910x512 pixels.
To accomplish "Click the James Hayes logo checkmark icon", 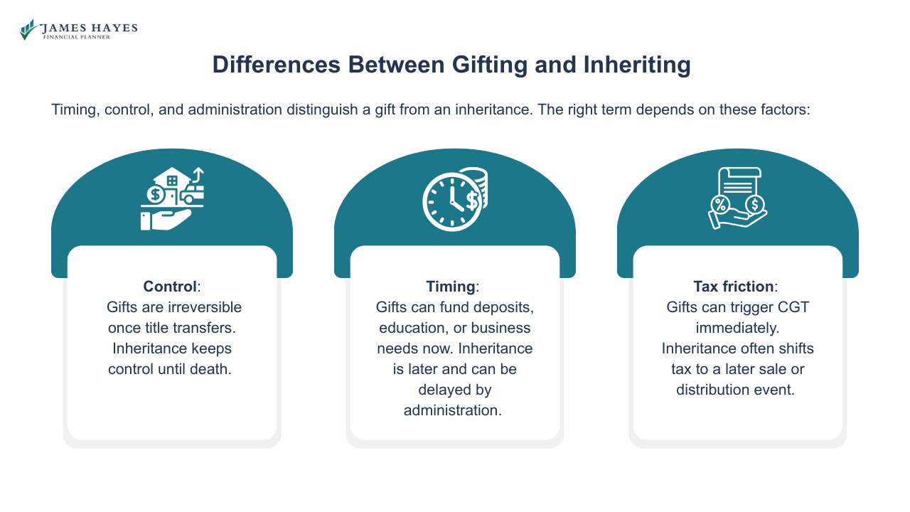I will pos(28,29).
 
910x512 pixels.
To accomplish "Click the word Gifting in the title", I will pos(397,65).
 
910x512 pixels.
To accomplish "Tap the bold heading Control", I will pos(169,287).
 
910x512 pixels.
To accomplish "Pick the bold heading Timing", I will pos(450,287).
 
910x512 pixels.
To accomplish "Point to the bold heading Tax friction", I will pos(734,287).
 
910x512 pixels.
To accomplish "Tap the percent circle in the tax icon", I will pos(721,205).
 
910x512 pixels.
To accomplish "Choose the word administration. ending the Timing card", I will pos(453,410).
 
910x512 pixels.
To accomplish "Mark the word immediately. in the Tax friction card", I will pos(737,328).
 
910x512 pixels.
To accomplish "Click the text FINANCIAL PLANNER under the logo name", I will pos(76,37).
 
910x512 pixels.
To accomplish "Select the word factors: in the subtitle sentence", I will pos(784,110).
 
